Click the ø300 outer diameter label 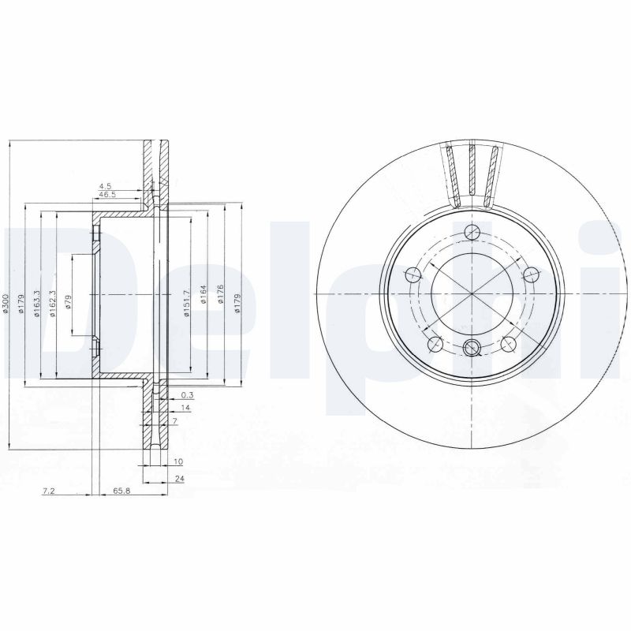(7, 305)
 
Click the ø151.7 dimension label (187, 303)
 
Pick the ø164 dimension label (203, 295)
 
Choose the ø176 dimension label (220, 295)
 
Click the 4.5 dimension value (105, 187)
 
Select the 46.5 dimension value (106, 195)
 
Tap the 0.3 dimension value (187, 394)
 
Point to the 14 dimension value (186, 408)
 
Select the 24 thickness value (180, 478)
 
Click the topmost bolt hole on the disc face (472, 231)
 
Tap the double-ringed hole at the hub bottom (472, 348)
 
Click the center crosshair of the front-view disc (472, 293)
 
